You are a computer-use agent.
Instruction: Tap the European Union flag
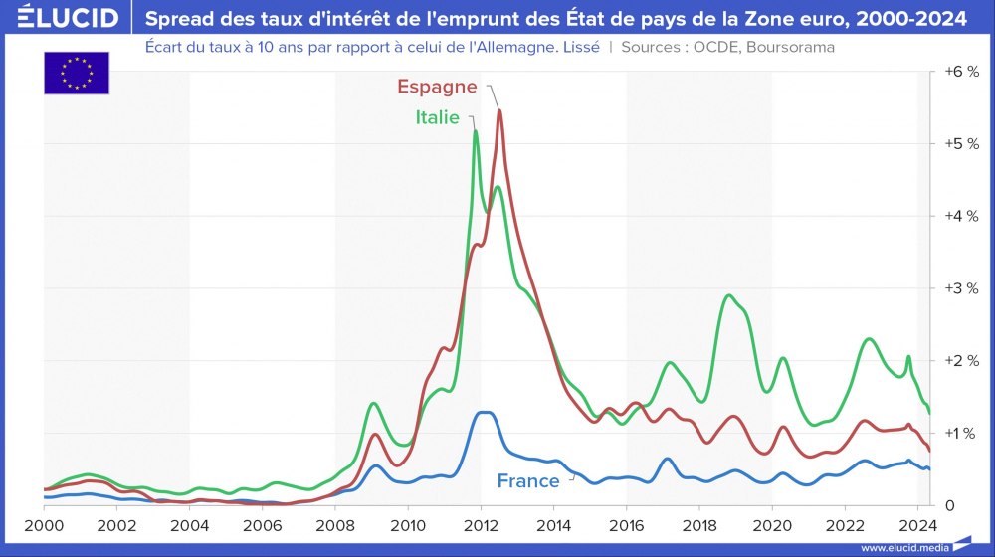pyautogui.click(x=77, y=73)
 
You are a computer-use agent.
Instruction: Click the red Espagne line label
pyautogui.click(x=437, y=87)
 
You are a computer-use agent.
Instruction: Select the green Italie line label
pyautogui.click(x=437, y=117)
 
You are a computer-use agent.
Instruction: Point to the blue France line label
pyautogui.click(x=528, y=481)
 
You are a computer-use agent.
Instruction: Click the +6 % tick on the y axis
pyautogui.click(x=961, y=73)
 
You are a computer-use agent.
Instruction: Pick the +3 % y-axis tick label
pyautogui.click(x=961, y=288)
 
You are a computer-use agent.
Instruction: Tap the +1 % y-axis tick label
pyautogui.click(x=961, y=433)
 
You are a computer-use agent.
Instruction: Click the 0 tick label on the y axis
pyautogui.click(x=950, y=505)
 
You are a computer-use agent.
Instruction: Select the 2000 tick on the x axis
pyautogui.click(x=44, y=524)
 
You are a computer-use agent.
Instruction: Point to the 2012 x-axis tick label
pyautogui.click(x=481, y=524)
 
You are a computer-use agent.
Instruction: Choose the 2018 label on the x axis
pyautogui.click(x=699, y=524)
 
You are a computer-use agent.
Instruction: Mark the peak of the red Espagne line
pyautogui.click(x=498, y=110)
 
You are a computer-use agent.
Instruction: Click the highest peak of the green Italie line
pyautogui.click(x=476, y=131)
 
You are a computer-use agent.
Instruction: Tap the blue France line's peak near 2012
pyautogui.click(x=484, y=412)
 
